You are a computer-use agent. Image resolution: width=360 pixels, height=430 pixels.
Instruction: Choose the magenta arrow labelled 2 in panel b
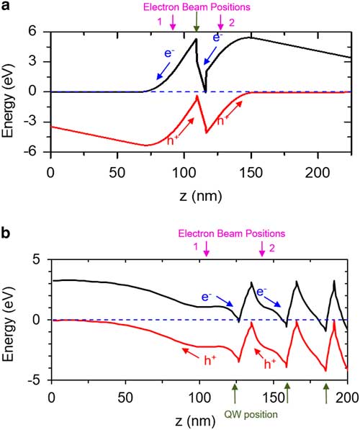(261, 249)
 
